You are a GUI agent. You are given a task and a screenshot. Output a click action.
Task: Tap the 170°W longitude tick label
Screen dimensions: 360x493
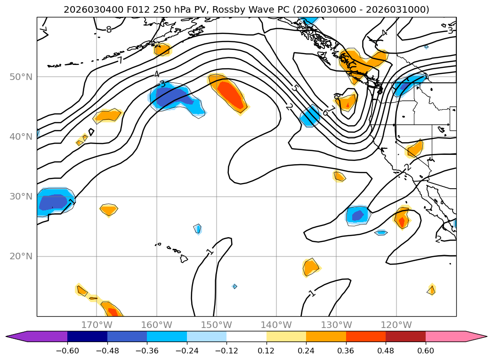coord(97,325)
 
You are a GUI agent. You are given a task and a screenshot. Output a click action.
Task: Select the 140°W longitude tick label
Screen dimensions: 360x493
coord(276,325)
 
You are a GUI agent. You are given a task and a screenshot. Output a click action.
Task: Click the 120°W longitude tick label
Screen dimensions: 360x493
coord(396,325)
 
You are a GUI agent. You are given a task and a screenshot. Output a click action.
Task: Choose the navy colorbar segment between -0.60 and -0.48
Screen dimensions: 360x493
coord(87,336)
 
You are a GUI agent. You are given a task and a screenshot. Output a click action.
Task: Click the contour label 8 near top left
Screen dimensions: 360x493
coord(109,30)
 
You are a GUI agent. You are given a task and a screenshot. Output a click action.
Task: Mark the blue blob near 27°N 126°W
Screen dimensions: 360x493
coord(358,215)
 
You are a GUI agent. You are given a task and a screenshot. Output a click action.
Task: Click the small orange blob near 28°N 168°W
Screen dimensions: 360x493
coord(109,209)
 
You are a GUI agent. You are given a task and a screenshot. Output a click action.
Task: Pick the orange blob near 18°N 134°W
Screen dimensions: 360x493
coord(310,268)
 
